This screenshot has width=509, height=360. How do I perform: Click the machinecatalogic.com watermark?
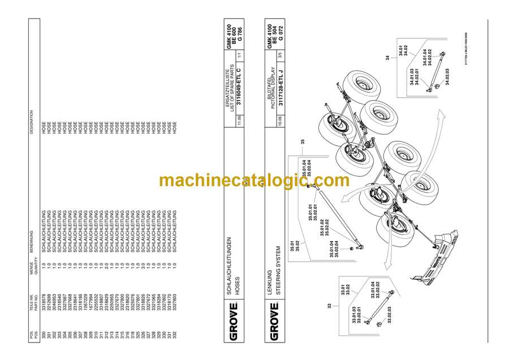click(254, 180)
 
